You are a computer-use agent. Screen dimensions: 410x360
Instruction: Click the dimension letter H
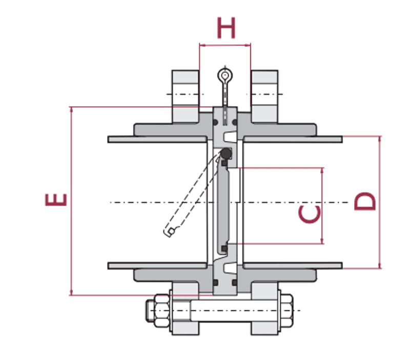[x=227, y=28]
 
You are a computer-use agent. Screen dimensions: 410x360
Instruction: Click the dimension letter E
[x=56, y=199]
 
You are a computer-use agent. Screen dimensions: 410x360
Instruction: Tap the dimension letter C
[x=310, y=214]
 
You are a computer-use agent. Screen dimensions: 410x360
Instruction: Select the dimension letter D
[x=365, y=201]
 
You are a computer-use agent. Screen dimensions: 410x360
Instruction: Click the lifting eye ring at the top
[x=225, y=75]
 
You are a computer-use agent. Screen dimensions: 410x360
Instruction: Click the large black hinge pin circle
[x=226, y=153]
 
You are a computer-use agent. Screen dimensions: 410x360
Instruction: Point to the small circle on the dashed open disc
[x=171, y=231]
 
